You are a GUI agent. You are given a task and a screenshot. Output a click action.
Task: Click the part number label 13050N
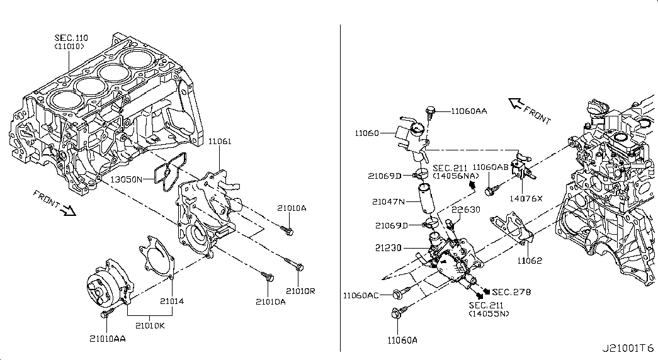tap(127, 179)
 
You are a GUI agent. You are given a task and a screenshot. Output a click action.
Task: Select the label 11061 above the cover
tap(220, 142)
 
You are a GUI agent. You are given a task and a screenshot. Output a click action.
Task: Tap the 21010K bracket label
tap(150, 325)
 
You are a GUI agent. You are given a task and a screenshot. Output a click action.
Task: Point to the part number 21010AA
tap(108, 339)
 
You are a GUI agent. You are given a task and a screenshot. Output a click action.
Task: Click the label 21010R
tap(300, 291)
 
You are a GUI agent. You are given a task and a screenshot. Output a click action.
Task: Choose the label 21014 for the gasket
tap(172, 301)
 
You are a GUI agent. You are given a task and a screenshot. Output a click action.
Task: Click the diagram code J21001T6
tap(628, 348)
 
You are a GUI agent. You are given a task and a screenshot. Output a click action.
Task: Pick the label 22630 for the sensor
tap(466, 210)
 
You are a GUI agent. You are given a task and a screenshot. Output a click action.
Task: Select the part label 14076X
tap(526, 198)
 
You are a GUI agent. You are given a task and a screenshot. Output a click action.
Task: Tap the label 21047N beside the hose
tap(389, 202)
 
